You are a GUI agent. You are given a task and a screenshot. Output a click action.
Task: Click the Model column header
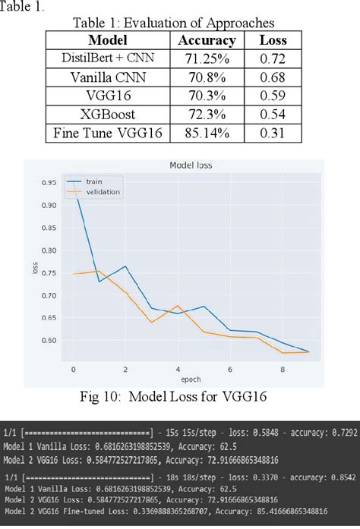click(107, 40)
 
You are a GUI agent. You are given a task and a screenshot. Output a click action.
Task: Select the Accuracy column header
click(207, 40)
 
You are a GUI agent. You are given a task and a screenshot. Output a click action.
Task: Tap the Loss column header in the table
click(273, 40)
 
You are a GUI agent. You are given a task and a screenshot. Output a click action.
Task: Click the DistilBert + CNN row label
click(107, 58)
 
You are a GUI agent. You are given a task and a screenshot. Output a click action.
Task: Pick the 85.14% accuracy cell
click(207, 134)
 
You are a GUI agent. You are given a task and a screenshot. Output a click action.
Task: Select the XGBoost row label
click(107, 115)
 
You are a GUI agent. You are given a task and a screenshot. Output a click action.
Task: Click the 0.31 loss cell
click(273, 134)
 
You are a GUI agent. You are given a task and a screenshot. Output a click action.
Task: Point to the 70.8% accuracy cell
click(207, 77)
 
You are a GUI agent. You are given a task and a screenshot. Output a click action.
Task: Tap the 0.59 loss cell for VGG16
click(273, 96)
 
